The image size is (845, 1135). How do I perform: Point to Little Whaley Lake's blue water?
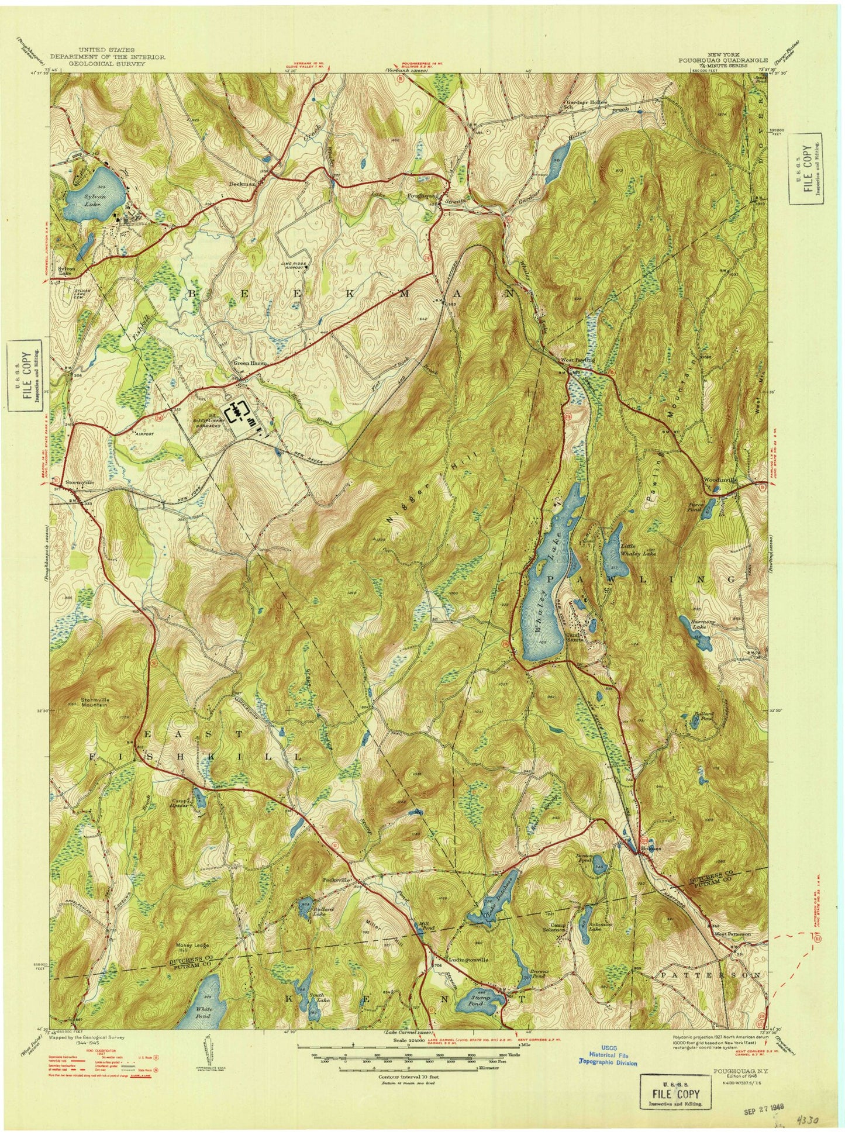[613, 541]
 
